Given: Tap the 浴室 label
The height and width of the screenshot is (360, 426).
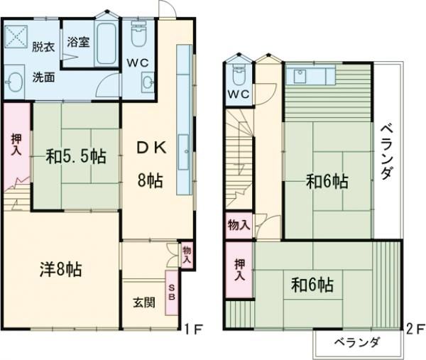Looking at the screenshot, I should pos(78,42).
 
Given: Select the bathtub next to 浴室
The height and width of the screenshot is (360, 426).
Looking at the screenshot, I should pos(107,44).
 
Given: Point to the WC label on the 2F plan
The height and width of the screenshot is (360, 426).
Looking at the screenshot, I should pos(239,95).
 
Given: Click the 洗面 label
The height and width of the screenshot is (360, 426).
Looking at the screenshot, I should pos(43,77).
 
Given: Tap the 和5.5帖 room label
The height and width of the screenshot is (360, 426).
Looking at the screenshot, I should pos(77,156).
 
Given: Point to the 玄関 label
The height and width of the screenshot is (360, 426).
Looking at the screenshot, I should pos(143,301).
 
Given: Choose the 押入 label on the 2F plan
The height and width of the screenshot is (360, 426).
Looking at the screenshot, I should pos(240,269).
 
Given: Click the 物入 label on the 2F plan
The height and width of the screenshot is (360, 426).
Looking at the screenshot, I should pos(239,226).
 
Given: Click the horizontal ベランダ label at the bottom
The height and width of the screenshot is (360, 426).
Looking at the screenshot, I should pos(356,342).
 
